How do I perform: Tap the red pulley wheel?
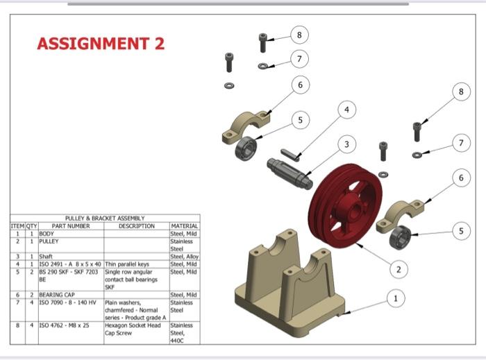tap(345, 205)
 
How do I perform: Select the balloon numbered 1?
tap(395, 298)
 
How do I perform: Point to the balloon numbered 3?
tap(345, 144)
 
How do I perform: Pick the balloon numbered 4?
tap(349, 110)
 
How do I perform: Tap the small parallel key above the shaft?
tap(290, 153)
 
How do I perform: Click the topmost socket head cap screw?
tap(263, 42)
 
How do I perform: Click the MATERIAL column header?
tap(185, 226)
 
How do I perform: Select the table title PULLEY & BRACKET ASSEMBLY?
tap(104, 218)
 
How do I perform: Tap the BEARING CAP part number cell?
tap(58, 295)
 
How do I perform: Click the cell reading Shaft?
tap(47, 257)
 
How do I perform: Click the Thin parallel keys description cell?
tap(127, 264)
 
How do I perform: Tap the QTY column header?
tap(31, 226)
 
